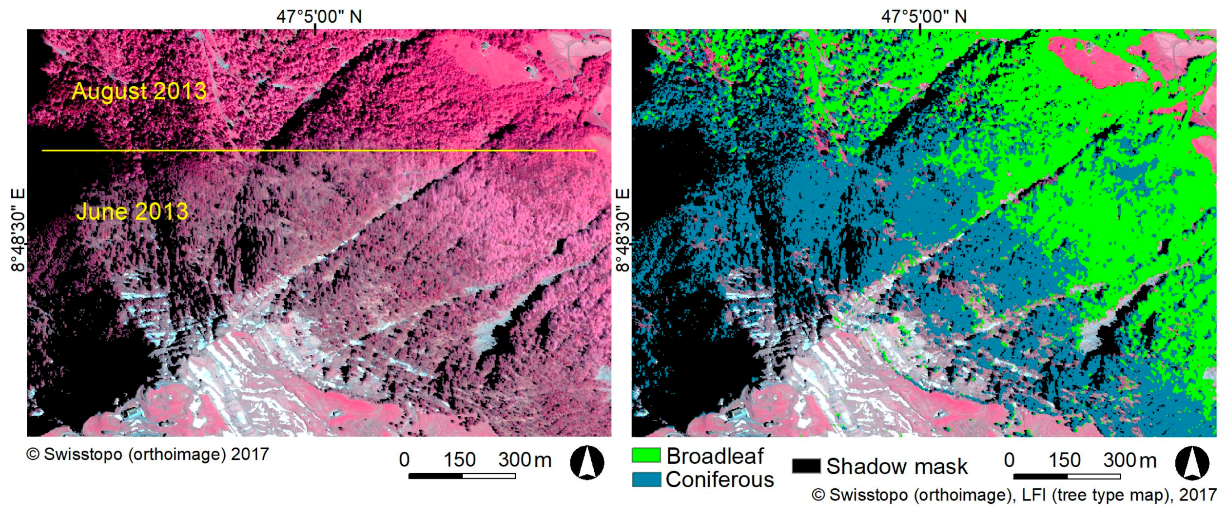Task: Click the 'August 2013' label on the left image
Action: coord(139,91)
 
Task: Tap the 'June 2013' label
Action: coord(132,211)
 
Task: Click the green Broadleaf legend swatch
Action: coord(646,455)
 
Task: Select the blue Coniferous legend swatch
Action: coord(646,479)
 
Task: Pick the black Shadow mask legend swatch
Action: coord(806,466)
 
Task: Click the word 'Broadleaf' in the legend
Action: coord(715,456)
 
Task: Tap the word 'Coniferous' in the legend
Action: coord(720,480)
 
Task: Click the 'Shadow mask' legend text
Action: coord(896,466)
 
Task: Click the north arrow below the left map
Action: coord(587,462)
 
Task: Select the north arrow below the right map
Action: coord(1192,462)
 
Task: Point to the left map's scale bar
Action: coord(462,476)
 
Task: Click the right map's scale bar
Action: coord(1067,476)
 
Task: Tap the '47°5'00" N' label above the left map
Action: coord(319,17)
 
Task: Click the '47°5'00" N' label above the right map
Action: coord(924,17)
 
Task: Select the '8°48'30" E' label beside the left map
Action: coord(18,230)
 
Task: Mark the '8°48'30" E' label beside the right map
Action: coord(623,230)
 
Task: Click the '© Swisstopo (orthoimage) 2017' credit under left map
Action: coord(147,454)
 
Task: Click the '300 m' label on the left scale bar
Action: coord(524,459)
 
